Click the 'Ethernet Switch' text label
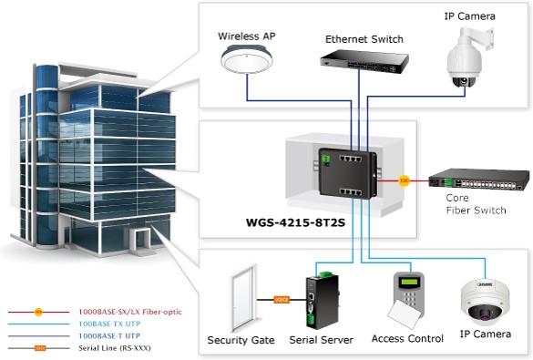click(x=364, y=40)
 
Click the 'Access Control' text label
click(x=407, y=339)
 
